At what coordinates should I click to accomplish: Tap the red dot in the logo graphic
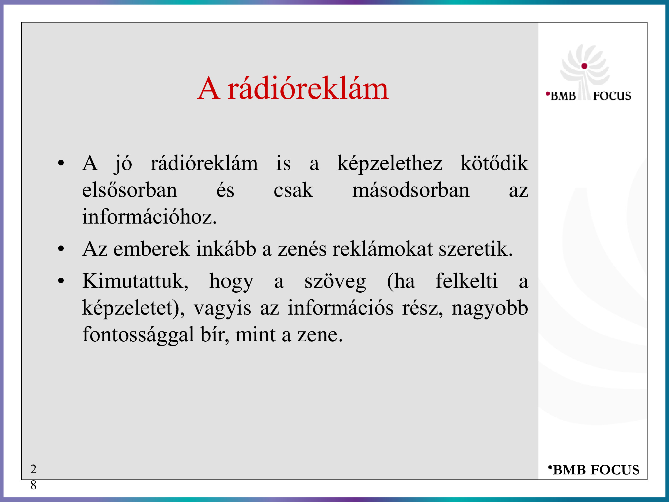tap(584, 66)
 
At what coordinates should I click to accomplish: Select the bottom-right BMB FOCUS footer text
tap(594, 470)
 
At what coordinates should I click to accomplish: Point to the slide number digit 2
tap(33, 469)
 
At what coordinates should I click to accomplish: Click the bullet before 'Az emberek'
tap(61, 249)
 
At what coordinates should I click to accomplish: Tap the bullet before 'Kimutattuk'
tap(61, 281)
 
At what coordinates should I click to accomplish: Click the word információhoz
tap(149, 216)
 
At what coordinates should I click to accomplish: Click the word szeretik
tap(476, 249)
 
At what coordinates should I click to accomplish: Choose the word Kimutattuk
tap(135, 281)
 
